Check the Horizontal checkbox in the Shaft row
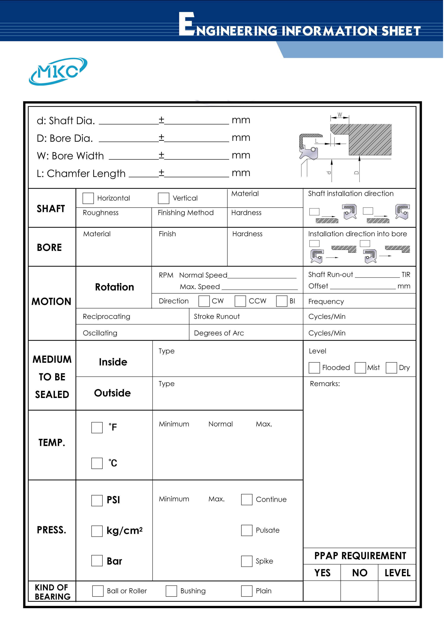coord(88,198)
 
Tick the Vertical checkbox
coord(163,198)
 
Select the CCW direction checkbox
coord(240,301)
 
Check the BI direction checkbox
coord(282,301)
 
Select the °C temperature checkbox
coord(97,463)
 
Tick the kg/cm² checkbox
coord(97,531)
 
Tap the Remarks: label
coord(325,384)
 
